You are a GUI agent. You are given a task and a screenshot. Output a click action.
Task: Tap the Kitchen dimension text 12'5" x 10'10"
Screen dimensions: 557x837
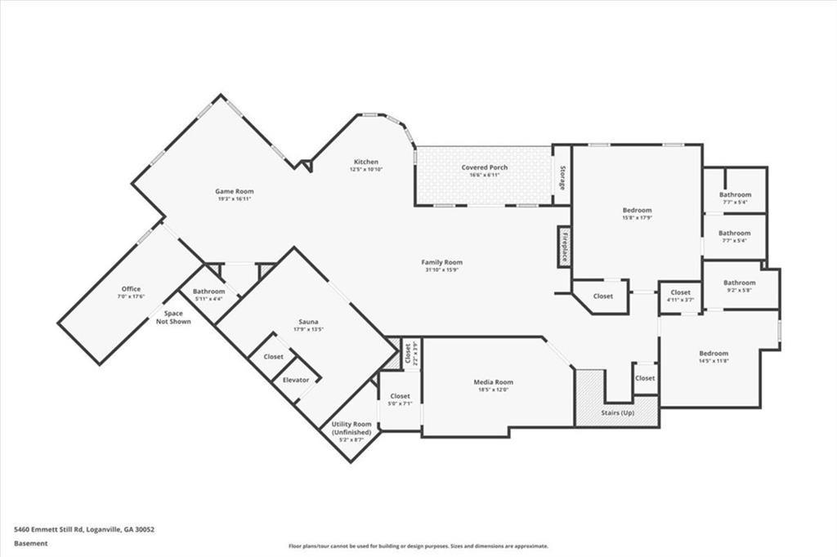pyautogui.click(x=365, y=169)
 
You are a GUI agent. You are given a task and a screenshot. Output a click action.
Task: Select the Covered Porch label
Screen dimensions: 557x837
pyautogui.click(x=484, y=167)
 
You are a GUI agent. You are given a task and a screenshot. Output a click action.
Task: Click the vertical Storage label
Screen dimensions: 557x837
pyautogui.click(x=562, y=179)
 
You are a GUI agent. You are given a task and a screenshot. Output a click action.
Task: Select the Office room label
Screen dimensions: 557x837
pyautogui.click(x=131, y=289)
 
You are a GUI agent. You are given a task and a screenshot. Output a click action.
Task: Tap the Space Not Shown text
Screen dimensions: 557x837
pyautogui.click(x=173, y=317)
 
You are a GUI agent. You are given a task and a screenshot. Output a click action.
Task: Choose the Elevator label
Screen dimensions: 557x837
pyautogui.click(x=295, y=380)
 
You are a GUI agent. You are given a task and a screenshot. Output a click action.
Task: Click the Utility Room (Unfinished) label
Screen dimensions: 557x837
pyautogui.click(x=351, y=428)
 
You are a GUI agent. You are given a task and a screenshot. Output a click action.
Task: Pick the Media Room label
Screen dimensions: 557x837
pyautogui.click(x=493, y=381)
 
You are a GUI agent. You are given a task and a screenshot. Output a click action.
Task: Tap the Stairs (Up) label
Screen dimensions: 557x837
pyautogui.click(x=617, y=412)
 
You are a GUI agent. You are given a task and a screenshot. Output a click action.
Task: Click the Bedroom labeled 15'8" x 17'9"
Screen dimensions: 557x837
pyautogui.click(x=637, y=210)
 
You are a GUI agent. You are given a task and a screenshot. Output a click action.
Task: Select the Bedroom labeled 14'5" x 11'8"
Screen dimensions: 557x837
pyautogui.click(x=713, y=354)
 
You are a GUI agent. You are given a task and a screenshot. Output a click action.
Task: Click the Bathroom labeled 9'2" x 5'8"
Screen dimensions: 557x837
pyautogui.click(x=739, y=283)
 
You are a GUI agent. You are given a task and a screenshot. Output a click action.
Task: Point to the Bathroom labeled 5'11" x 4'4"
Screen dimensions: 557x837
pyautogui.click(x=208, y=292)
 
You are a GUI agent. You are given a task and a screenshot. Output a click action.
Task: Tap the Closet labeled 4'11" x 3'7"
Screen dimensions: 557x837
pyautogui.click(x=680, y=292)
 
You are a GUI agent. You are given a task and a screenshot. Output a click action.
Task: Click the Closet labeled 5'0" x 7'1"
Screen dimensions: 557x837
pyautogui.click(x=399, y=396)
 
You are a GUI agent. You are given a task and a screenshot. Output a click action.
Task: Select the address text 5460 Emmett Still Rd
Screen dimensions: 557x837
pyautogui.click(x=56, y=529)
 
